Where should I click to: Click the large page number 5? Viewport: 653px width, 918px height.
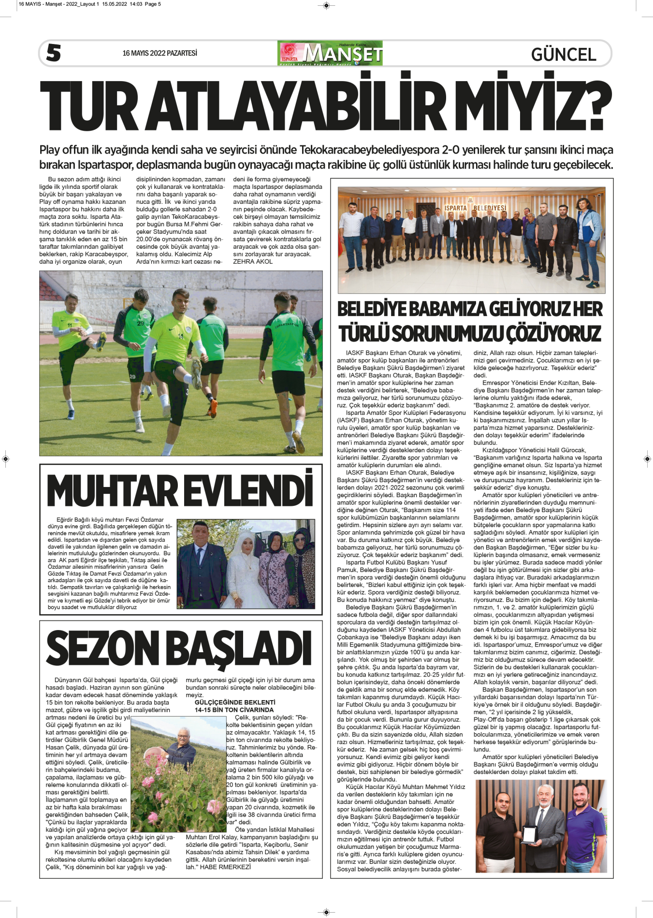click(x=54, y=53)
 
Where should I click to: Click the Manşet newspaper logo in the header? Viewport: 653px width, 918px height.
click(x=330, y=53)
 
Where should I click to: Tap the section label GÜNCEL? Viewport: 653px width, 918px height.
click(x=564, y=54)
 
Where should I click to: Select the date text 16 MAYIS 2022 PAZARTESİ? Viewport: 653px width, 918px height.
click(x=160, y=53)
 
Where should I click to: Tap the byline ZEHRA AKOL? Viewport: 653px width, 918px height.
click(x=253, y=261)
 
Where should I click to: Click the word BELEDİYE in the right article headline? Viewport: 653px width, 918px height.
click(x=385, y=309)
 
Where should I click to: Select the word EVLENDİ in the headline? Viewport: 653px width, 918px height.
click(x=249, y=491)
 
